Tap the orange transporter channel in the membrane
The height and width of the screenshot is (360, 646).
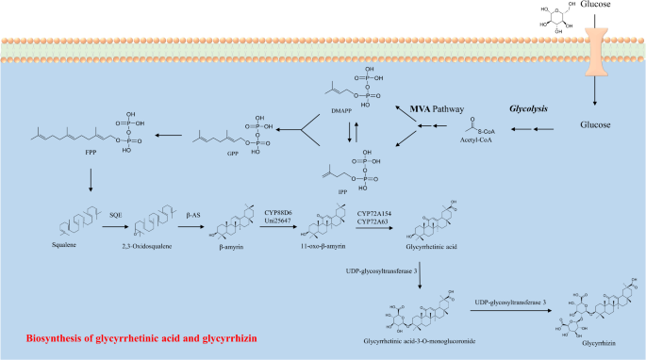coord(593,52)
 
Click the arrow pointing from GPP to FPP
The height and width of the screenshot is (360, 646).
coord(170,136)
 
